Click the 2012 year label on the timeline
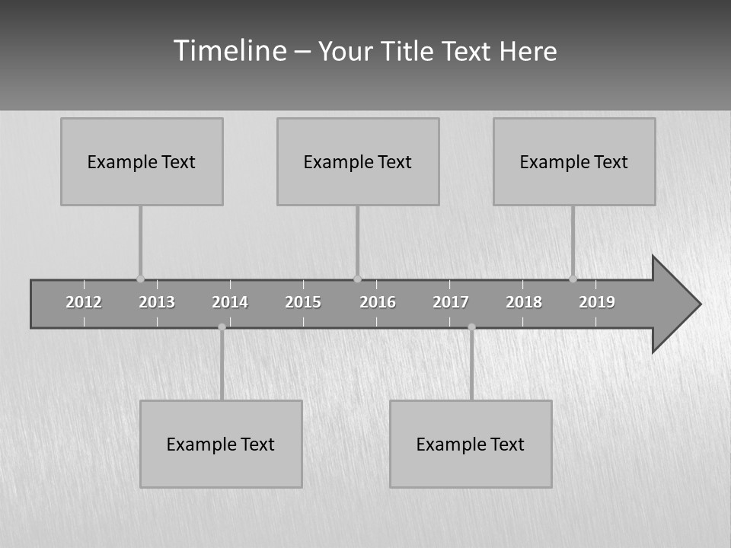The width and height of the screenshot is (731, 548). (x=84, y=302)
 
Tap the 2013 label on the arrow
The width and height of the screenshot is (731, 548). (x=157, y=302)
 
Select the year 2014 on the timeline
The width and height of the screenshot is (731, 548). (x=230, y=302)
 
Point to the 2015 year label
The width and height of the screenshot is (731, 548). (x=303, y=302)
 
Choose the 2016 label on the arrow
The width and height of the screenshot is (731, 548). (x=378, y=302)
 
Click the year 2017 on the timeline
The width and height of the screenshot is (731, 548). (x=451, y=302)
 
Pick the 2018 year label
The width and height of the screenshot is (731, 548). (x=524, y=302)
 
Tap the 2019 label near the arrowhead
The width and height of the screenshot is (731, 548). (x=597, y=302)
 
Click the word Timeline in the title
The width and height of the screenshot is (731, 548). (x=229, y=51)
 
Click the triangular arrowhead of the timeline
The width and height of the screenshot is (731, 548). (x=675, y=304)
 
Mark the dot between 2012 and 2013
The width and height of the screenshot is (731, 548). (x=140, y=279)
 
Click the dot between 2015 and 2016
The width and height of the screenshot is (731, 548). (x=357, y=279)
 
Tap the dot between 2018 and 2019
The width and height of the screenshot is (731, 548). (x=573, y=279)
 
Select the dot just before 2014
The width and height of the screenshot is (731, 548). (x=222, y=327)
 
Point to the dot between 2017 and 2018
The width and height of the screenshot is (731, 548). (x=471, y=327)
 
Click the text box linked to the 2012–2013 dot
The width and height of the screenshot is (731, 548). (x=142, y=161)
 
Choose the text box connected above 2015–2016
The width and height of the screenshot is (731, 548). (x=358, y=161)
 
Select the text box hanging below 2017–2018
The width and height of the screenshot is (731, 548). (x=471, y=444)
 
